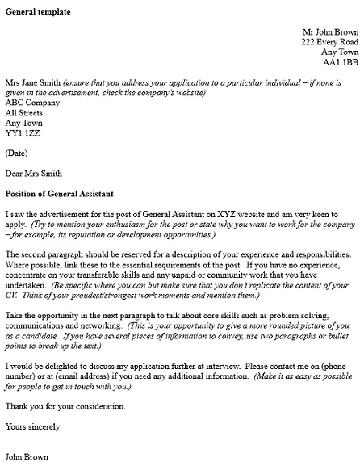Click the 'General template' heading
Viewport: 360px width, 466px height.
(x=37, y=12)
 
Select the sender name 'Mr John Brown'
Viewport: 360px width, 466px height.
(x=330, y=31)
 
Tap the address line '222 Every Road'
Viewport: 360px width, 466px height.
(x=329, y=41)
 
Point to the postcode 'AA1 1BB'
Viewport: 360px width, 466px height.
(x=340, y=61)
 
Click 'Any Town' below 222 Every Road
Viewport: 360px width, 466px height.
(x=340, y=52)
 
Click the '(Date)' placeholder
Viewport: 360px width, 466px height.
(x=17, y=153)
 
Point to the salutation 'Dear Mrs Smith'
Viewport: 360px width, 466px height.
(x=33, y=173)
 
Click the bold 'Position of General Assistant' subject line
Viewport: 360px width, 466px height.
(x=60, y=194)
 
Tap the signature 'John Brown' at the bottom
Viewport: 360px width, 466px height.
(x=27, y=456)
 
